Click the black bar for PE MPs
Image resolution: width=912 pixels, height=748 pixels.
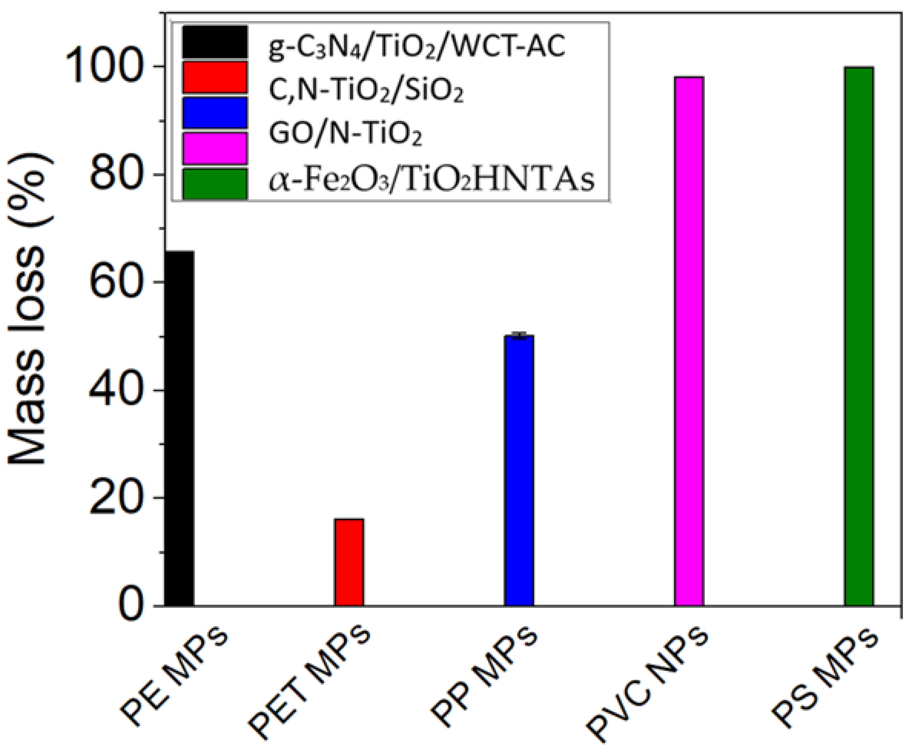click(179, 428)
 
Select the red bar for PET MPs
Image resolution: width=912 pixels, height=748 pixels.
click(349, 562)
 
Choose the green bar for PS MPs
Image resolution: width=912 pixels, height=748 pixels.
click(859, 337)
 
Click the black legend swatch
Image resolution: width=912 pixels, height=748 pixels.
click(215, 42)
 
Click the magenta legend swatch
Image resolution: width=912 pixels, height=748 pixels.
click(215, 148)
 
